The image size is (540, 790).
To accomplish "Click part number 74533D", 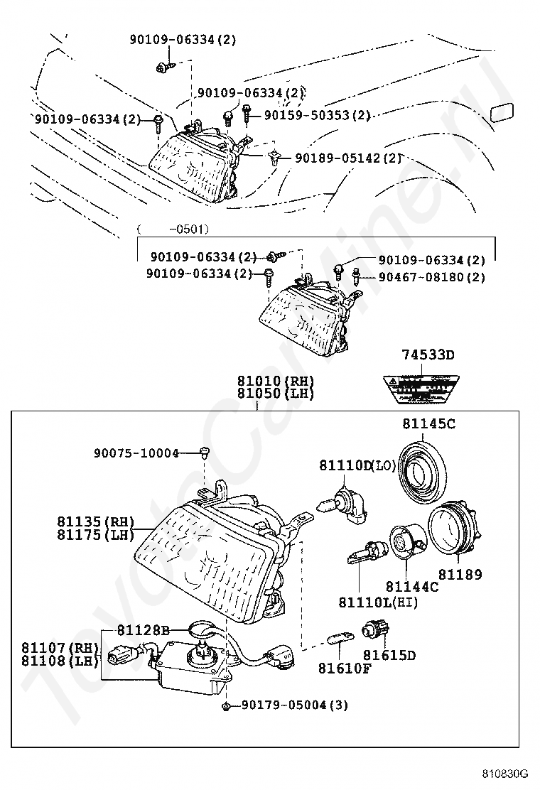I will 427,355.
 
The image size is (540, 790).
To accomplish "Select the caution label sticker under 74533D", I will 418,389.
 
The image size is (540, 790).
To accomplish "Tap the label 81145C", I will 428,425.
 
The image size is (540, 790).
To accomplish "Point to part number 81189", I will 459,574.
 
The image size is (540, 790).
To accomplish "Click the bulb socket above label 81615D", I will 373,629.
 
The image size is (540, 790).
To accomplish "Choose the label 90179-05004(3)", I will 294,705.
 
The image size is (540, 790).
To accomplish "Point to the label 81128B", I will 144,629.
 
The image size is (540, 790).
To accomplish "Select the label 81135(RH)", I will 95,521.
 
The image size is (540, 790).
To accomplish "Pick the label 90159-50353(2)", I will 317,114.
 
